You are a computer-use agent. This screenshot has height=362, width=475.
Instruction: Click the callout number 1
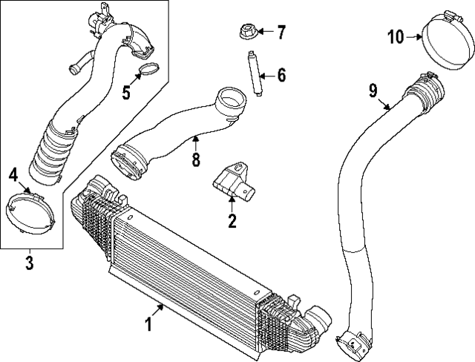(x=148, y=324)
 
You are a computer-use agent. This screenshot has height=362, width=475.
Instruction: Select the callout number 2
(x=232, y=220)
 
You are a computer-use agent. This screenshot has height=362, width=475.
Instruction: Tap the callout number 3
(x=29, y=261)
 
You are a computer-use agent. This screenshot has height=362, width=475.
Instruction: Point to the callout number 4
(x=13, y=175)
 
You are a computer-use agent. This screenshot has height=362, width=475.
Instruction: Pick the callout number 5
(x=126, y=93)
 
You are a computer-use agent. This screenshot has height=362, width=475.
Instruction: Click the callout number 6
(x=281, y=74)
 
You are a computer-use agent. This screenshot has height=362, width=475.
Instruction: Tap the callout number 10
(x=396, y=35)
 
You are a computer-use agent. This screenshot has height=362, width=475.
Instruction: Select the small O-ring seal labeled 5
(x=149, y=72)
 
